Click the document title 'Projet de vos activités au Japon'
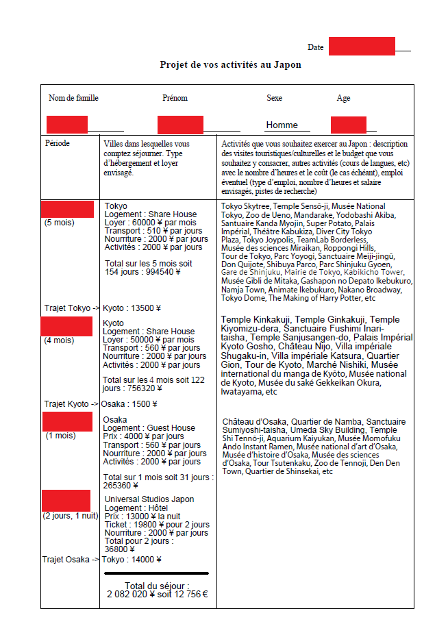point(230,64)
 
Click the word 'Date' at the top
point(315,47)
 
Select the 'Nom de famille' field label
point(73,98)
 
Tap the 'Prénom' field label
point(175,98)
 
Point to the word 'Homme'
point(282,125)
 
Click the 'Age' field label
point(343,98)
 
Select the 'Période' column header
point(58,144)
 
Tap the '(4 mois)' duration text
point(59,340)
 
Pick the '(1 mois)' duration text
point(61,436)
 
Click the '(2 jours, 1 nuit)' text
point(71,516)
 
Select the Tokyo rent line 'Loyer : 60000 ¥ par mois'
point(150,223)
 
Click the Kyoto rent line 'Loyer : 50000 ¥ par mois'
point(149,340)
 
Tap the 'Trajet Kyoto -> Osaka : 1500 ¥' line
point(101,404)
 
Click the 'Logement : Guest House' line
point(149,428)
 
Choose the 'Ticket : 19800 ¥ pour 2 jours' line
point(157,525)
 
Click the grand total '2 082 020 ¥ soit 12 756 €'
point(158,595)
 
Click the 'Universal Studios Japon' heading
point(149,499)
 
